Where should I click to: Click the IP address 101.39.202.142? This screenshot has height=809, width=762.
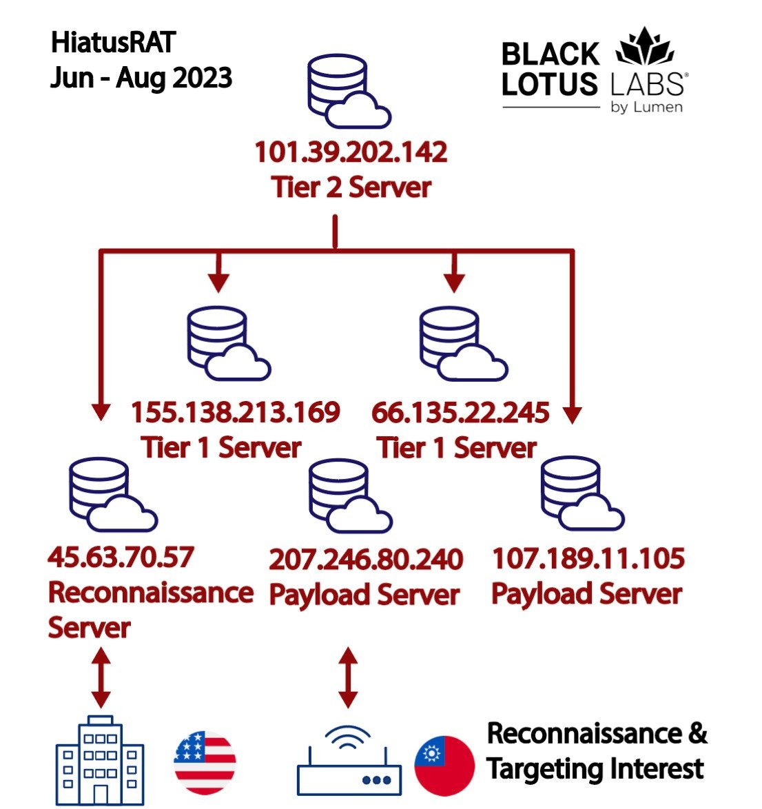pos(351,152)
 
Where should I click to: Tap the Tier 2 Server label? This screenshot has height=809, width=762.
pos(351,187)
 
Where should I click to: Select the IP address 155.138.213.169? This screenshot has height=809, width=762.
pos(235,412)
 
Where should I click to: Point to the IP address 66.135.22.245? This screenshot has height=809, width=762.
pos(460,413)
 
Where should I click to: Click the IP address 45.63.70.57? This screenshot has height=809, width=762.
pos(121,557)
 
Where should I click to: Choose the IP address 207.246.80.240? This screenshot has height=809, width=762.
pos(366,560)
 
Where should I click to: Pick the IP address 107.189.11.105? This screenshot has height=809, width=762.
pos(588,558)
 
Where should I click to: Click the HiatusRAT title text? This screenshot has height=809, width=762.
pos(113,42)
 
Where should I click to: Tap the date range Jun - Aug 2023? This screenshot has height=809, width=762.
pos(141,78)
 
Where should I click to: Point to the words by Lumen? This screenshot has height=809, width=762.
pos(646,107)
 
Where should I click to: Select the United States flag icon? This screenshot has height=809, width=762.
pos(205,763)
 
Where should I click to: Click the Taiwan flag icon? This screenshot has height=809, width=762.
pos(444,766)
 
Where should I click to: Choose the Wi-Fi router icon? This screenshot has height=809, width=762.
pos(349,761)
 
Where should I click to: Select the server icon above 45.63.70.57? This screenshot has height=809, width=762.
pos(113,494)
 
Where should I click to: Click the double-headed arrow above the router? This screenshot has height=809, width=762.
pos(348,677)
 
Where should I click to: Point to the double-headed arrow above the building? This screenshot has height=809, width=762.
pos(101,677)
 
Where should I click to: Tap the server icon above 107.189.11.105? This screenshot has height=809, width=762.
pos(582,493)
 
